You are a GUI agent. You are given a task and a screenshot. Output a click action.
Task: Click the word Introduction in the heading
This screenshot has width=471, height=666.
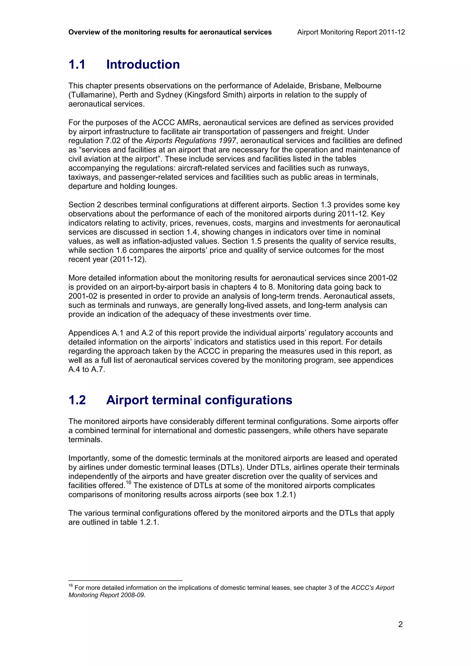click(143, 64)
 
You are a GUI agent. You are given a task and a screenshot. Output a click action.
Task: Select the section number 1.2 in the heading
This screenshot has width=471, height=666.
click(77, 400)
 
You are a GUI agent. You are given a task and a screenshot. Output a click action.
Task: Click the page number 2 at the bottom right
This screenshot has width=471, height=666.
click(400, 624)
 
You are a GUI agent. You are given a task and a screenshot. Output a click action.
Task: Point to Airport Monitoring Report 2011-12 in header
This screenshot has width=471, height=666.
click(351, 32)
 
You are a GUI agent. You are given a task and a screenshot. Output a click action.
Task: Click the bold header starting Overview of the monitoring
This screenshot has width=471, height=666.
click(170, 32)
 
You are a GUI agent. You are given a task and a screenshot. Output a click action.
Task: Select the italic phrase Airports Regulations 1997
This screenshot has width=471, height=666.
click(190, 141)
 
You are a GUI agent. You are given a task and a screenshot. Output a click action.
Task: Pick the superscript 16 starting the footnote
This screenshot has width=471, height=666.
click(71, 585)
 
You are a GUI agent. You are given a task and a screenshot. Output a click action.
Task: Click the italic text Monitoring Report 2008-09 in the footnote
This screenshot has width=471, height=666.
click(106, 595)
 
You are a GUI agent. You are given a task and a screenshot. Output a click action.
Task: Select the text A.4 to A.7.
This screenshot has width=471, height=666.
click(86, 369)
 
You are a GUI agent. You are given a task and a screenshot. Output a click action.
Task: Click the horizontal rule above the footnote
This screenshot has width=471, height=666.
click(125, 581)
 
